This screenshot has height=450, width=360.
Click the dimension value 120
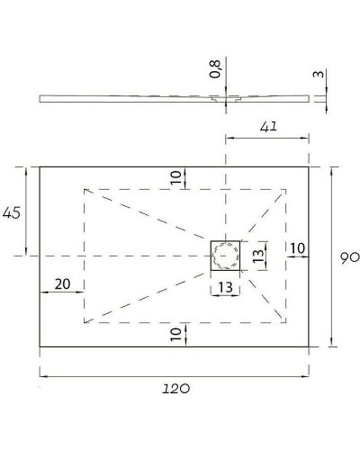[x=176, y=388]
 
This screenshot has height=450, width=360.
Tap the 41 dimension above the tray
[x=266, y=129]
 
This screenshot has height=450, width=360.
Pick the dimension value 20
[x=61, y=283]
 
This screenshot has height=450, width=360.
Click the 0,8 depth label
[x=214, y=69]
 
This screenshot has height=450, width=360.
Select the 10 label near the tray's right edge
[x=297, y=247]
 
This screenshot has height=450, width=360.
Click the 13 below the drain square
[x=225, y=288]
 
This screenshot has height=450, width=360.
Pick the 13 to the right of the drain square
[x=258, y=256]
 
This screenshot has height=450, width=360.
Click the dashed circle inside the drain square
[x=226, y=256]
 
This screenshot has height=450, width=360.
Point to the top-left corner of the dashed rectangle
[x=84, y=189]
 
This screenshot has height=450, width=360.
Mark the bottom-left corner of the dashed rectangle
[x=84, y=321]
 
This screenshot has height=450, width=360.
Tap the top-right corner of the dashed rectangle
[x=287, y=189]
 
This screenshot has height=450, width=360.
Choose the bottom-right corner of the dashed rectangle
[x=287, y=321]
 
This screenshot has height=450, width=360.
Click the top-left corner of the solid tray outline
[x=40, y=166]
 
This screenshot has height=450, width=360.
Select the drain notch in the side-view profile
[x=226, y=100]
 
